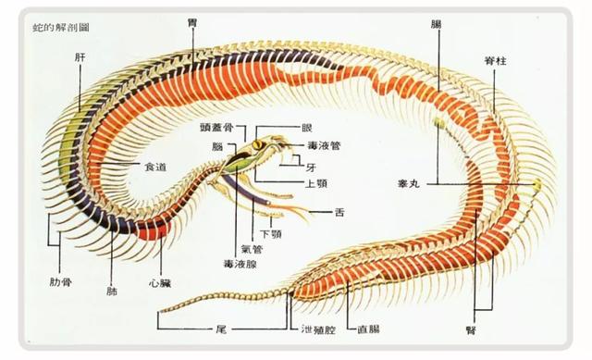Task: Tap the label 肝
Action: [80, 56]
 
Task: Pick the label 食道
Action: [154, 166]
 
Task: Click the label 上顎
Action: [312, 182]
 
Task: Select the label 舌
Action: [340, 213]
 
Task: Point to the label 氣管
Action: [250, 248]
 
